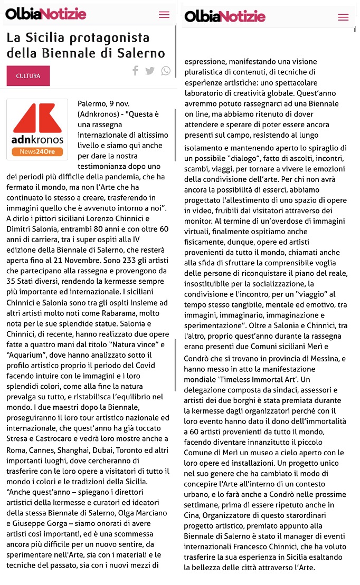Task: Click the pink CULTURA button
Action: [x=28, y=76]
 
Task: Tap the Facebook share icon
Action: [x=136, y=71]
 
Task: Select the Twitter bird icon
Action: [x=150, y=71]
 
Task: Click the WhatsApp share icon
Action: [x=166, y=71]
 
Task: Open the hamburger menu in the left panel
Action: [x=164, y=15]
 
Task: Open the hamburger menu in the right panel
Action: [x=343, y=17]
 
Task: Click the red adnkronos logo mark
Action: [x=37, y=118]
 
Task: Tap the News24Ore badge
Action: [x=37, y=151]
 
